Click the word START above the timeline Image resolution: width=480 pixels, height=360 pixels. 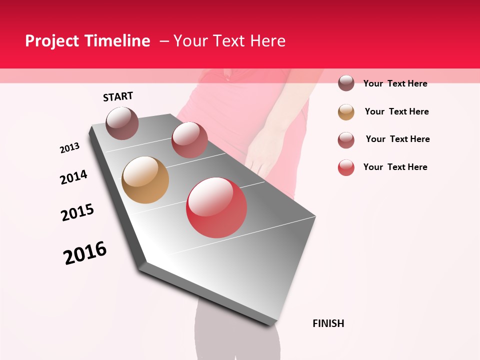pos(118,96)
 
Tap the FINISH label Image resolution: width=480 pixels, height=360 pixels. pos(328,323)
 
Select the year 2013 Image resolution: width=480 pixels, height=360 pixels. pos(69,148)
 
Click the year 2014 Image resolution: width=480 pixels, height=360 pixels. pos(73,177)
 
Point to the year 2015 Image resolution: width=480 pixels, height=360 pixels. pos(77,212)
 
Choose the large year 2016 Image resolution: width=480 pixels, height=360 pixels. pos(85,253)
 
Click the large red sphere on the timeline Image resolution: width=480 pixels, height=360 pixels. pos(216,207)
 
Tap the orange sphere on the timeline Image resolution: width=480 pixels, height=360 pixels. pos(145,180)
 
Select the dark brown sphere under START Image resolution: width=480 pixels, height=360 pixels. pos(122,123)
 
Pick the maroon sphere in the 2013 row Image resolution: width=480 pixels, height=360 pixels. pos(189,140)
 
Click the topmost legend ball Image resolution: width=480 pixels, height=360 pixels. pos(346,83)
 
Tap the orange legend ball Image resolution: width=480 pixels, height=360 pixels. pos(346,112)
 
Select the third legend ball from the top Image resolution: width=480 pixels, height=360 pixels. pos(346,140)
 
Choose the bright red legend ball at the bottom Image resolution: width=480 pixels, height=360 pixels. pos(346,167)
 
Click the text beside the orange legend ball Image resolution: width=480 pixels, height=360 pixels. pos(396,111)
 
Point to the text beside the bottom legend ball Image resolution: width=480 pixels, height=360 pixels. pos(395,167)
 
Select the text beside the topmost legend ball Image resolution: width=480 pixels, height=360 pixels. pos(395,83)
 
